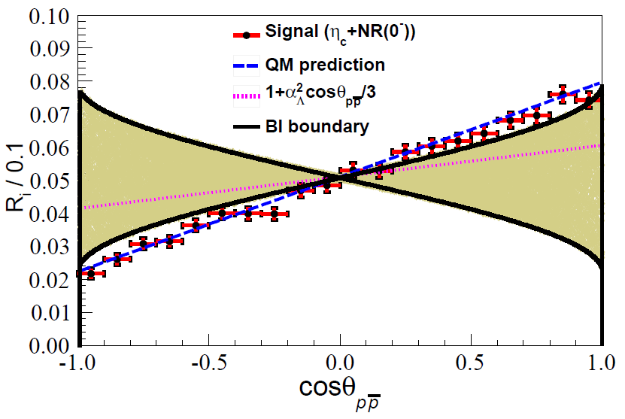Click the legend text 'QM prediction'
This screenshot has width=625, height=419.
[x=325, y=65]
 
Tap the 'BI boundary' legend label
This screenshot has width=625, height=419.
[x=317, y=126]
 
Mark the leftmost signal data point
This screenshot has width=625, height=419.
[x=91, y=274]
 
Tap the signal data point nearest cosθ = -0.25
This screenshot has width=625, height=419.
[x=275, y=214]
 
